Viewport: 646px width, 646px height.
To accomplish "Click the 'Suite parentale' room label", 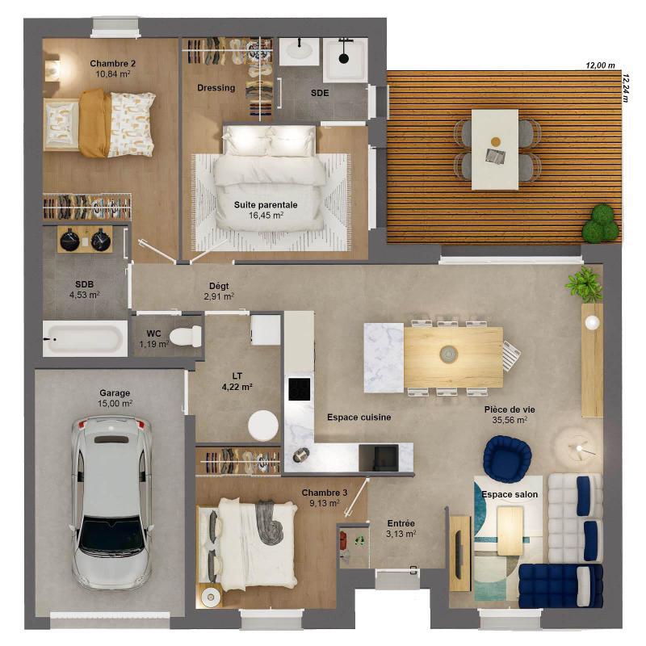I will coord(266,205).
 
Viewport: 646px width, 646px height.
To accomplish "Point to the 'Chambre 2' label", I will coord(112,63).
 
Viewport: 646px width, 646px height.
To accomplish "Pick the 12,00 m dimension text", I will coord(600,65).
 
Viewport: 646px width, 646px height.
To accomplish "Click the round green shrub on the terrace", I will coord(600,224).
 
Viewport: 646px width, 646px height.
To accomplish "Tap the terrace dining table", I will coord(495,149).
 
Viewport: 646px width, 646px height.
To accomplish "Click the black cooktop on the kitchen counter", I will coord(299,388).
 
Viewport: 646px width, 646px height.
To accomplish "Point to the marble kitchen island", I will coord(384,357).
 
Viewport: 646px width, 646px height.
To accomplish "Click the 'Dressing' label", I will coord(216,88).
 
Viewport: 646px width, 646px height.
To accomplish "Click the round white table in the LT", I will coord(263,425).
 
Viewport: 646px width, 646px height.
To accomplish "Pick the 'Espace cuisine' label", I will coord(359,417).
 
